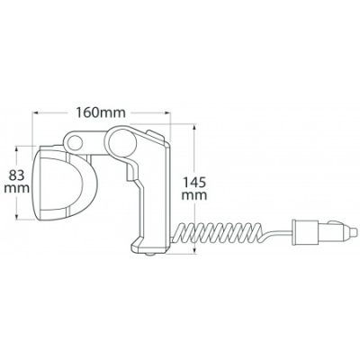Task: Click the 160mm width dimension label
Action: pos(100,112)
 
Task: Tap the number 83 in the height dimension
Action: pos(17,175)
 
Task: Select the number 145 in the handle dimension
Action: pos(194,182)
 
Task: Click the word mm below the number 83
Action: pos(17,188)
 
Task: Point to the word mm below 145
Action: pos(195,195)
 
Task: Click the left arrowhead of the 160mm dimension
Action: pos(36,112)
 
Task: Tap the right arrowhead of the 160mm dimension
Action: pos(166,112)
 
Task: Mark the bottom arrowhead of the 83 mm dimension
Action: pos(17,216)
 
